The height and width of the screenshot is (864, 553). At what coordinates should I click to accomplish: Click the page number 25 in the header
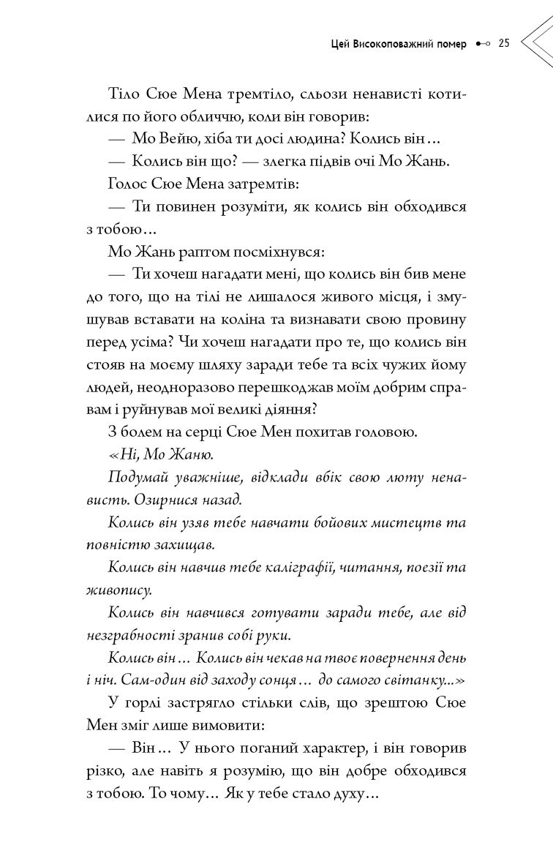pyautogui.click(x=503, y=43)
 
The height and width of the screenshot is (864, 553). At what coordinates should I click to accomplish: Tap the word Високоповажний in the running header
pyautogui.click(x=389, y=43)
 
